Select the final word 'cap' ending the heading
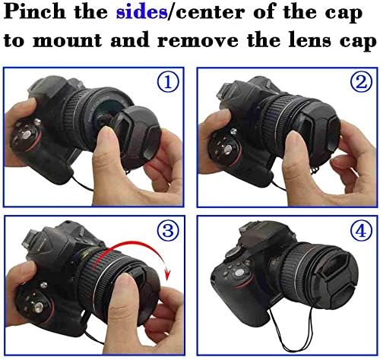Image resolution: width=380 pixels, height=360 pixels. [x=357, y=39]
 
